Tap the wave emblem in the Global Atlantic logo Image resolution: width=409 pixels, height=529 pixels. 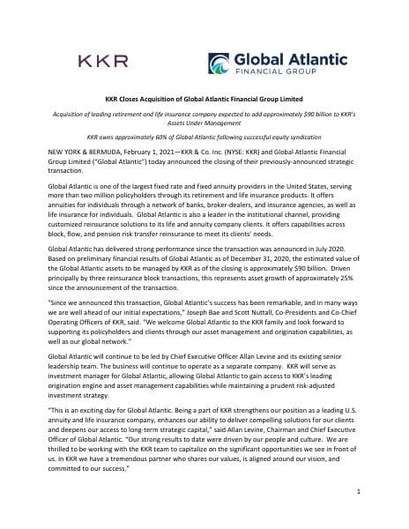pos(222,63)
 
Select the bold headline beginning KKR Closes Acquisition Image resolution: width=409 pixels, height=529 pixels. pos(204,100)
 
